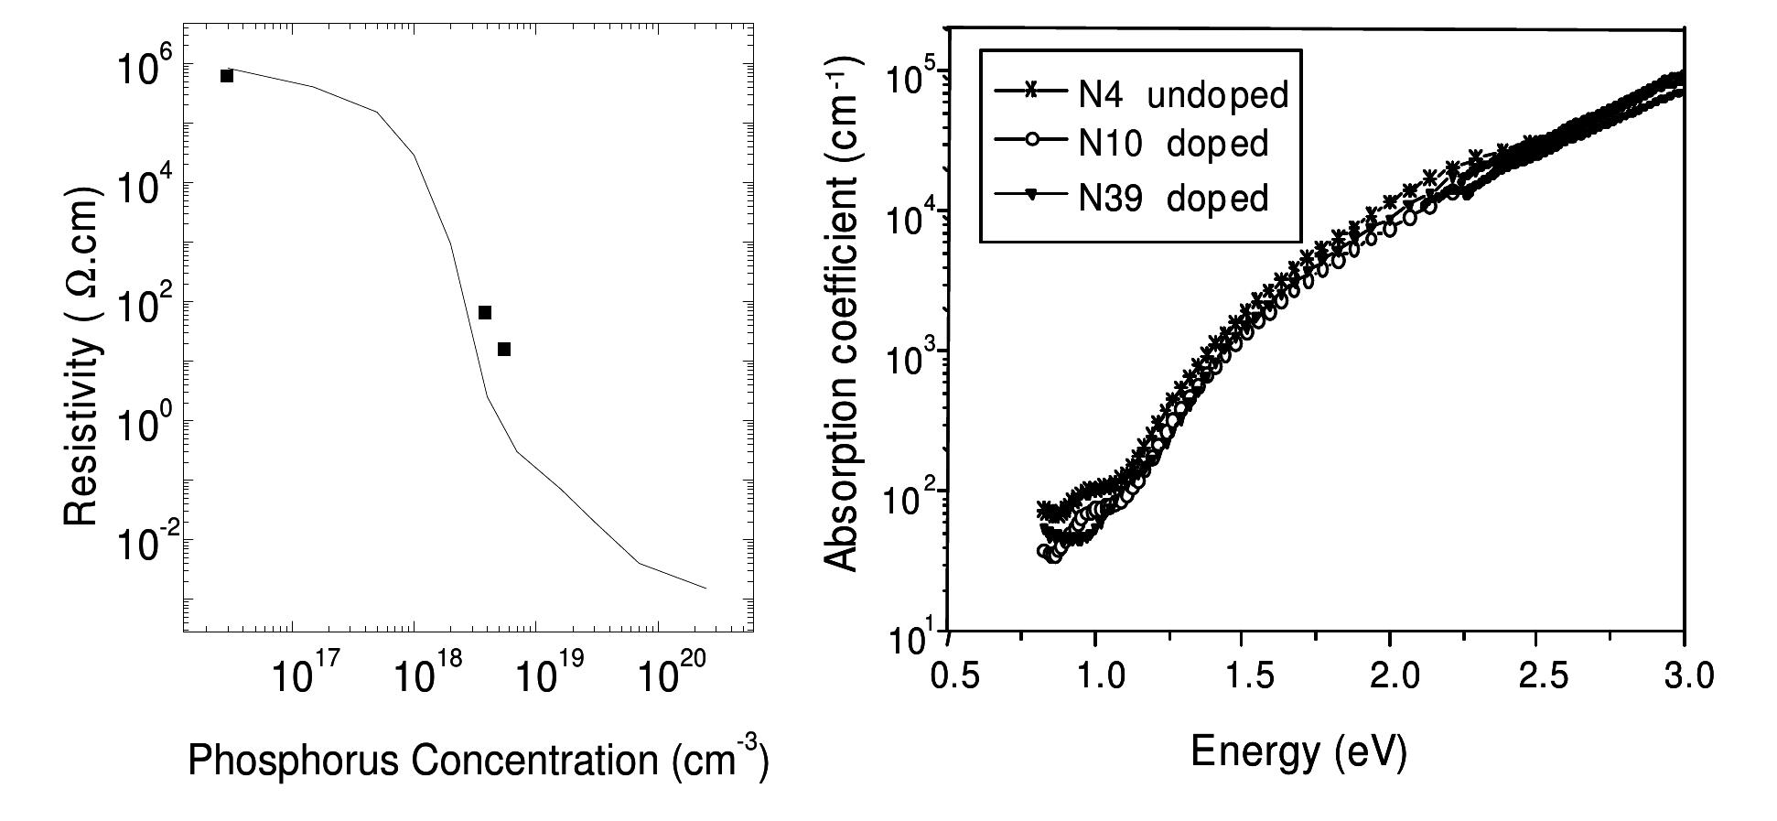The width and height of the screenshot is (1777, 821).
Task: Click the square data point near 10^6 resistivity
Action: coord(227,75)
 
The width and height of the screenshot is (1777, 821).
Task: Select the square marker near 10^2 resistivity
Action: coord(485,312)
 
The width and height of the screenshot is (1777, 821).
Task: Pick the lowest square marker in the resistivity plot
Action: coord(503,349)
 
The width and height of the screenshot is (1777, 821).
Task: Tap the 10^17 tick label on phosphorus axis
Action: coord(306,678)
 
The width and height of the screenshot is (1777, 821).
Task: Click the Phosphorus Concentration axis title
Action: coord(478,760)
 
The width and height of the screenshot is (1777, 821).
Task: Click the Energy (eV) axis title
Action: coord(1298,751)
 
